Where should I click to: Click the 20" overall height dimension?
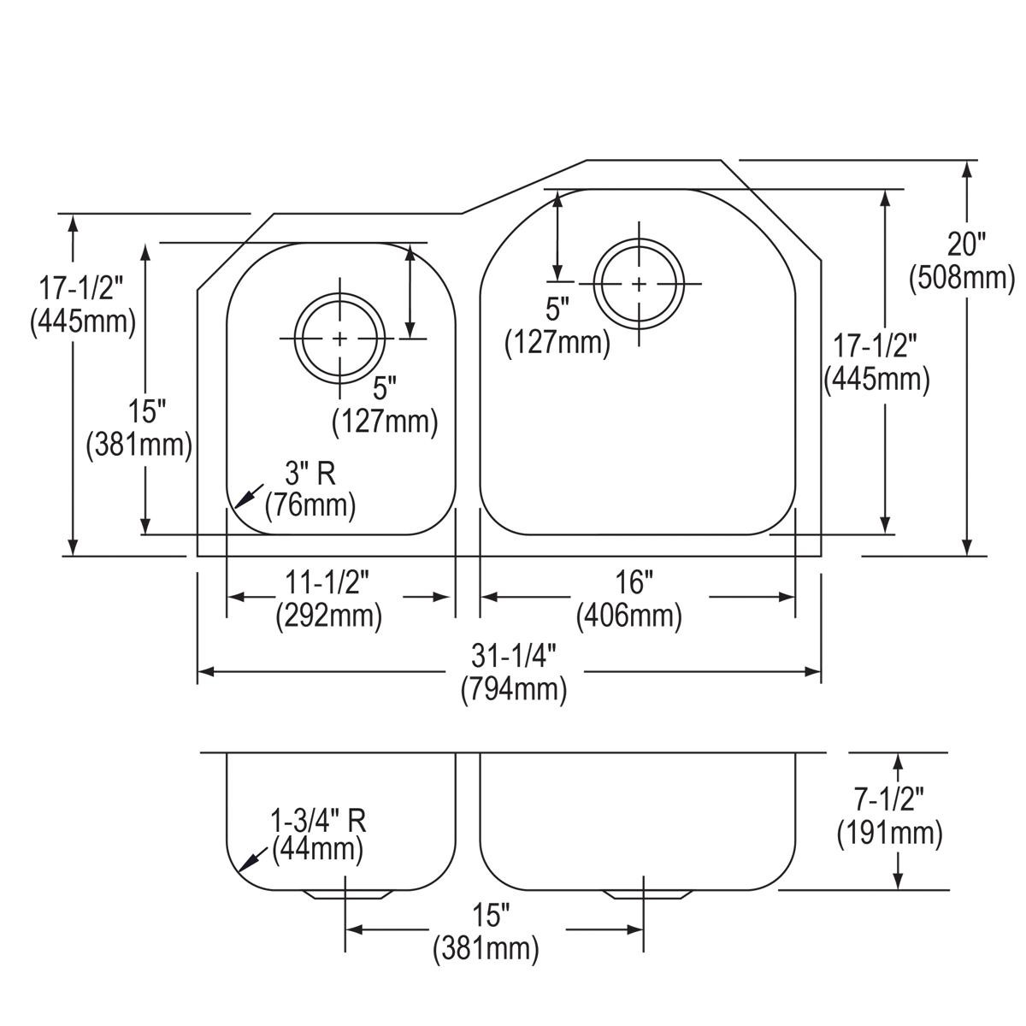[965, 245]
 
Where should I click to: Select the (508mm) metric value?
[962, 278]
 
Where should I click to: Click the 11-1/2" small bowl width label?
[329, 584]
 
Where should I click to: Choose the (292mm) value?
[329, 616]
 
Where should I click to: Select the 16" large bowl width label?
[629, 584]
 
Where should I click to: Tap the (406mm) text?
[629, 616]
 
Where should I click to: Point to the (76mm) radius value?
[310, 505]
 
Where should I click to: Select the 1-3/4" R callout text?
[318, 821]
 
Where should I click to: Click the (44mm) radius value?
[317, 851]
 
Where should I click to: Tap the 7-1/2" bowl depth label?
[890, 801]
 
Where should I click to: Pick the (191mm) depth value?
[890, 834]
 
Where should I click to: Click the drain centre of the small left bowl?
[340, 339]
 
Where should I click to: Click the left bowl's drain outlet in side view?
[346, 894]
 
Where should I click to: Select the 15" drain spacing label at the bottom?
[487, 917]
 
